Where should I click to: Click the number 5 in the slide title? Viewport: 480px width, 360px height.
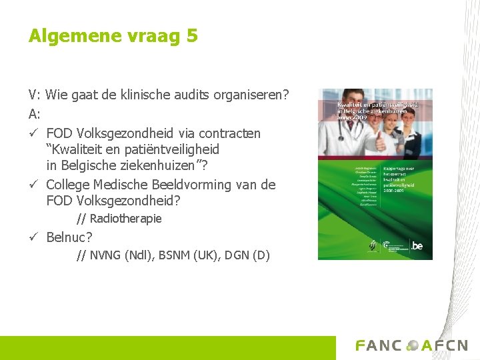pos(192,35)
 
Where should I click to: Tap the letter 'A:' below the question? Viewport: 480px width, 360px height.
pos(35,114)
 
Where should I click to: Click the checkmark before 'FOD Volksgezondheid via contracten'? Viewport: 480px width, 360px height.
pos(33,133)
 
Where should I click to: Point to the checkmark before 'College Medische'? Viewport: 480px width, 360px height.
pos(33,185)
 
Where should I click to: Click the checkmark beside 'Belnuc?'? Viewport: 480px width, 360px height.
pos(33,237)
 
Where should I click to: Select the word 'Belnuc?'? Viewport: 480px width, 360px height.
pos(69,237)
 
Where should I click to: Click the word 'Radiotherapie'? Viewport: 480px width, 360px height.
pos(125,219)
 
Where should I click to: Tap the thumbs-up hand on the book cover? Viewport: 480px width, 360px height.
pos(381,142)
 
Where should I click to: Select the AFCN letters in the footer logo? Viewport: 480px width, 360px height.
pos(444,345)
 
